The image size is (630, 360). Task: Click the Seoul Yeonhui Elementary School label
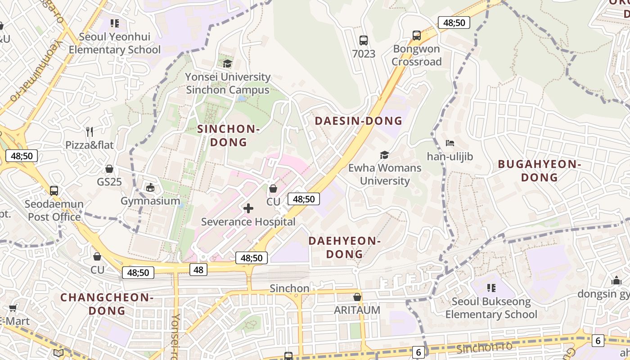click(x=114, y=43)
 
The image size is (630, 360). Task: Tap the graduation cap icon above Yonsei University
click(x=228, y=63)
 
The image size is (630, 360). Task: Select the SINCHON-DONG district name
click(x=229, y=135)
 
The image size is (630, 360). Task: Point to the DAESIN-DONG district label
click(x=358, y=121)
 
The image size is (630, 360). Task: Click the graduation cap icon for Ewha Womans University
click(x=384, y=155)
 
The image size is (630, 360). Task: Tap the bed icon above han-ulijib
click(x=450, y=143)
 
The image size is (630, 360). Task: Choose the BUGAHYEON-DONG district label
click(x=539, y=171)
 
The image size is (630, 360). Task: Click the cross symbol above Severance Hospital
click(x=248, y=208)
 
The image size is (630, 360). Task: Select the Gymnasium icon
click(x=150, y=187)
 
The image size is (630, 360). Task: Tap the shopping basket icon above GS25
click(x=109, y=169)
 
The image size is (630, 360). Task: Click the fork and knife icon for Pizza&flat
click(x=90, y=131)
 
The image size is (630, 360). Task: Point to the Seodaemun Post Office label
click(x=54, y=210)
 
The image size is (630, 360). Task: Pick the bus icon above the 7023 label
click(x=364, y=40)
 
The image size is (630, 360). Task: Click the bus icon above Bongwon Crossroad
click(x=417, y=35)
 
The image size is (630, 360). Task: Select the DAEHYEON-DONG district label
click(x=345, y=247)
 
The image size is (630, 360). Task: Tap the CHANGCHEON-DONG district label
click(x=107, y=304)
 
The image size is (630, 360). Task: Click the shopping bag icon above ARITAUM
click(x=357, y=297)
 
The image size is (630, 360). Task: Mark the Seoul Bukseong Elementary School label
click(x=491, y=308)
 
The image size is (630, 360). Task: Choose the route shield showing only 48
click(x=198, y=270)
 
